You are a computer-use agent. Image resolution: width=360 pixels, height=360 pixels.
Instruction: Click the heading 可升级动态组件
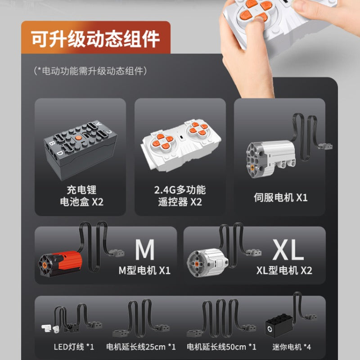(x=95, y=39)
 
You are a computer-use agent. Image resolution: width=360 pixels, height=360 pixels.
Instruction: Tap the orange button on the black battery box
(x=78, y=138)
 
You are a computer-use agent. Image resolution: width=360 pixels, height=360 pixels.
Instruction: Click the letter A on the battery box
(x=99, y=124)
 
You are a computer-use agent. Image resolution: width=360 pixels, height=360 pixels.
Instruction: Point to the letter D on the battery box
(x=60, y=153)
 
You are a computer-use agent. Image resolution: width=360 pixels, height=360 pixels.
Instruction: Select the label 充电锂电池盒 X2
(x=81, y=196)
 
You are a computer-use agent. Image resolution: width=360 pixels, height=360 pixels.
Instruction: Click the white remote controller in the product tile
(x=181, y=145)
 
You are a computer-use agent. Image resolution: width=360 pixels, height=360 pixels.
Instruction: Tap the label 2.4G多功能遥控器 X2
(x=180, y=196)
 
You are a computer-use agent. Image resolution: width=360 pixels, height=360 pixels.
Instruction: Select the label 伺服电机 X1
(x=280, y=198)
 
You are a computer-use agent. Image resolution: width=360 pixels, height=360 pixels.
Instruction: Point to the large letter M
(x=144, y=250)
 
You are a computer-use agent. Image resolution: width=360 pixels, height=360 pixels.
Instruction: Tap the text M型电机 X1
(x=144, y=270)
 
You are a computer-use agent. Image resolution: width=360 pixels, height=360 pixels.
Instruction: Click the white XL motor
(x=207, y=262)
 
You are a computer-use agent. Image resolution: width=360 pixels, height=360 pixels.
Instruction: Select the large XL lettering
(x=288, y=250)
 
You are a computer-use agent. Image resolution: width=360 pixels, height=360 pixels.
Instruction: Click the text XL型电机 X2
(x=284, y=270)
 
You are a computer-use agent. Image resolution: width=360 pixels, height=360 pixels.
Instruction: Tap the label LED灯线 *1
(x=74, y=346)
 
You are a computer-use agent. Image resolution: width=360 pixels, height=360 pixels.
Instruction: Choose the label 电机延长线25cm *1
(x=141, y=346)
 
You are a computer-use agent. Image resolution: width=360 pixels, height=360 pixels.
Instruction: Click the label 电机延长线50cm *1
(x=221, y=346)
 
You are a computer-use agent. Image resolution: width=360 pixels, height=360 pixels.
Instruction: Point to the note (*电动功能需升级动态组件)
(x=90, y=71)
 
